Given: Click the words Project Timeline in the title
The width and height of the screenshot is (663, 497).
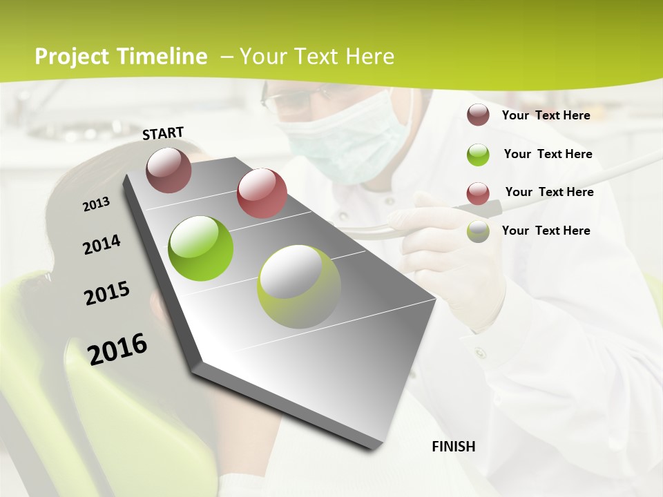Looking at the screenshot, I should (121, 57).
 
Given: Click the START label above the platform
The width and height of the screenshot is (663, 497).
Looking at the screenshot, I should (163, 133).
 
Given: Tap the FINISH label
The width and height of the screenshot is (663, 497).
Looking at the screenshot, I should (453, 447).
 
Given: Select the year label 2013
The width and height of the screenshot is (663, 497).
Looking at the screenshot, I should (96, 204).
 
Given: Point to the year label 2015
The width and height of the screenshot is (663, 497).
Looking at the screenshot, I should (106, 293).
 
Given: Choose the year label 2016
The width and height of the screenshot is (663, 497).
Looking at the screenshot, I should (117, 349).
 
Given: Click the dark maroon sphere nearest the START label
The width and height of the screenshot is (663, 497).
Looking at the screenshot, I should (169, 170).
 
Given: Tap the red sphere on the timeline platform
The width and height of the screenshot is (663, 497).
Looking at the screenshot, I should (262, 193).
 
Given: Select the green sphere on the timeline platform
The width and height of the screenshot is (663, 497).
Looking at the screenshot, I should (201, 248).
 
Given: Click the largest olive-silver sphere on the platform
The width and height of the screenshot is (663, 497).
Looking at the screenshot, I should (299, 286).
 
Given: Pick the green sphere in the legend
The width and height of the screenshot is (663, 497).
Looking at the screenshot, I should (478, 155).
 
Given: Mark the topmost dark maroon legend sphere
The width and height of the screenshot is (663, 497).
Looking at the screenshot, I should (478, 115).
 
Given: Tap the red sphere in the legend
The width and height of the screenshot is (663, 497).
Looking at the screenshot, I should (478, 193).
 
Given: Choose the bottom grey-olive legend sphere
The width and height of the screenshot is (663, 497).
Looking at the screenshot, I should (478, 231).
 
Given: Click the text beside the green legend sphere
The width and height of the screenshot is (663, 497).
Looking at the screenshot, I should (548, 154).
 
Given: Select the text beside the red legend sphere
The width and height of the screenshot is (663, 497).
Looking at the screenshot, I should (549, 192).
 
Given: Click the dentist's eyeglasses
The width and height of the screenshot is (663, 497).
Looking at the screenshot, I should (290, 101).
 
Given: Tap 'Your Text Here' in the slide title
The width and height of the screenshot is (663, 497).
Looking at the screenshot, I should (316, 57).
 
